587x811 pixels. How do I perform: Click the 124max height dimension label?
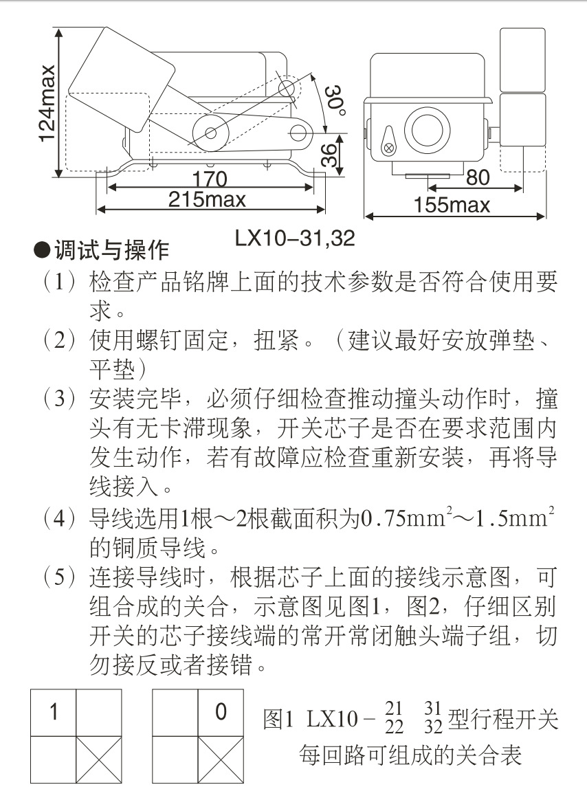(47, 103)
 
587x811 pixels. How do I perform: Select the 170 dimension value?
(209, 179)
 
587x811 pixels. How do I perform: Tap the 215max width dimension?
(207, 200)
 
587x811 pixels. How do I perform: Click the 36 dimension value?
(331, 155)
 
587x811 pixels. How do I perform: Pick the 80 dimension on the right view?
(478, 178)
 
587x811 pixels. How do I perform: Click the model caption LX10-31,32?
(295, 238)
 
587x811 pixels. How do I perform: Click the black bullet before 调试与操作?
(43, 251)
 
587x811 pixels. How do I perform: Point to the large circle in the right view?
(425, 128)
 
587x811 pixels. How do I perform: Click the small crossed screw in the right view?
(389, 147)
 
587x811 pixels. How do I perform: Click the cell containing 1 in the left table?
(53, 713)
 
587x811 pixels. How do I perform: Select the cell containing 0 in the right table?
(221, 713)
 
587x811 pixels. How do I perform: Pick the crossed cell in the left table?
(98, 759)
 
